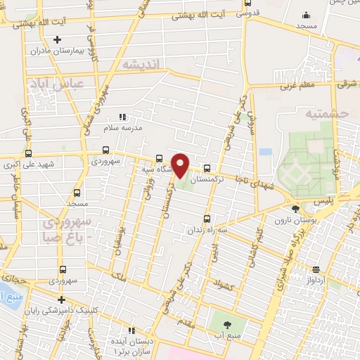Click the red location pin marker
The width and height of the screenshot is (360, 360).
click(x=180, y=165)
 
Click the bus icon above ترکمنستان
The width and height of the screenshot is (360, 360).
click(x=207, y=168)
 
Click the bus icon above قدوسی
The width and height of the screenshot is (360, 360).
click(x=246, y=4)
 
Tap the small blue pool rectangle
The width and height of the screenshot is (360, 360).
click(x=265, y=152)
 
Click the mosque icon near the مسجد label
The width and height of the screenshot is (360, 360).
click(x=305, y=15)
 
